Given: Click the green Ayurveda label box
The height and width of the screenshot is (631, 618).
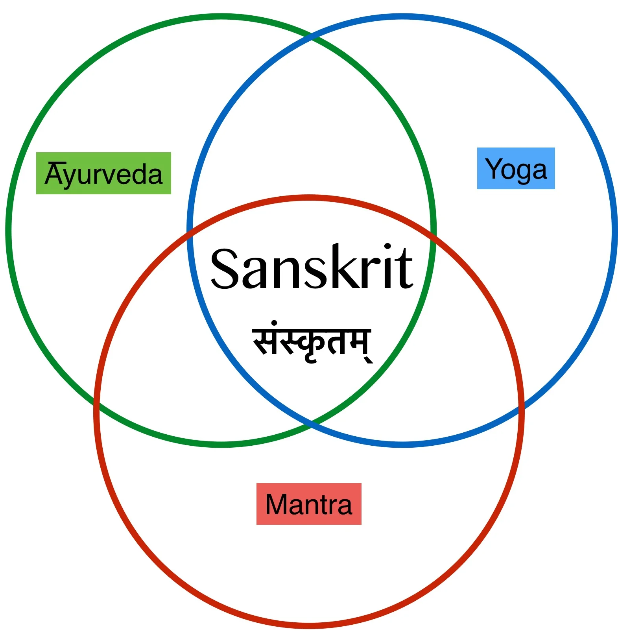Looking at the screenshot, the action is click(103, 173).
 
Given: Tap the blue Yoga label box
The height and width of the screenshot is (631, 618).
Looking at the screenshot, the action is click(516, 168).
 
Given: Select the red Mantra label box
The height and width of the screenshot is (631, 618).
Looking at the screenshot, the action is click(309, 504).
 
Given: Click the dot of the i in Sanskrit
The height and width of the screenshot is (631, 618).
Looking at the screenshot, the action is click(388, 247).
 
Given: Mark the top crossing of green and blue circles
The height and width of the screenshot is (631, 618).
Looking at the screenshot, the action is click(312, 37).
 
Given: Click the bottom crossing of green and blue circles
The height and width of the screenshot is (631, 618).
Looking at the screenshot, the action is click(312, 423).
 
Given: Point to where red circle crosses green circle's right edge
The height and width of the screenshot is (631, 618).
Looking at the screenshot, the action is click(433, 235).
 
